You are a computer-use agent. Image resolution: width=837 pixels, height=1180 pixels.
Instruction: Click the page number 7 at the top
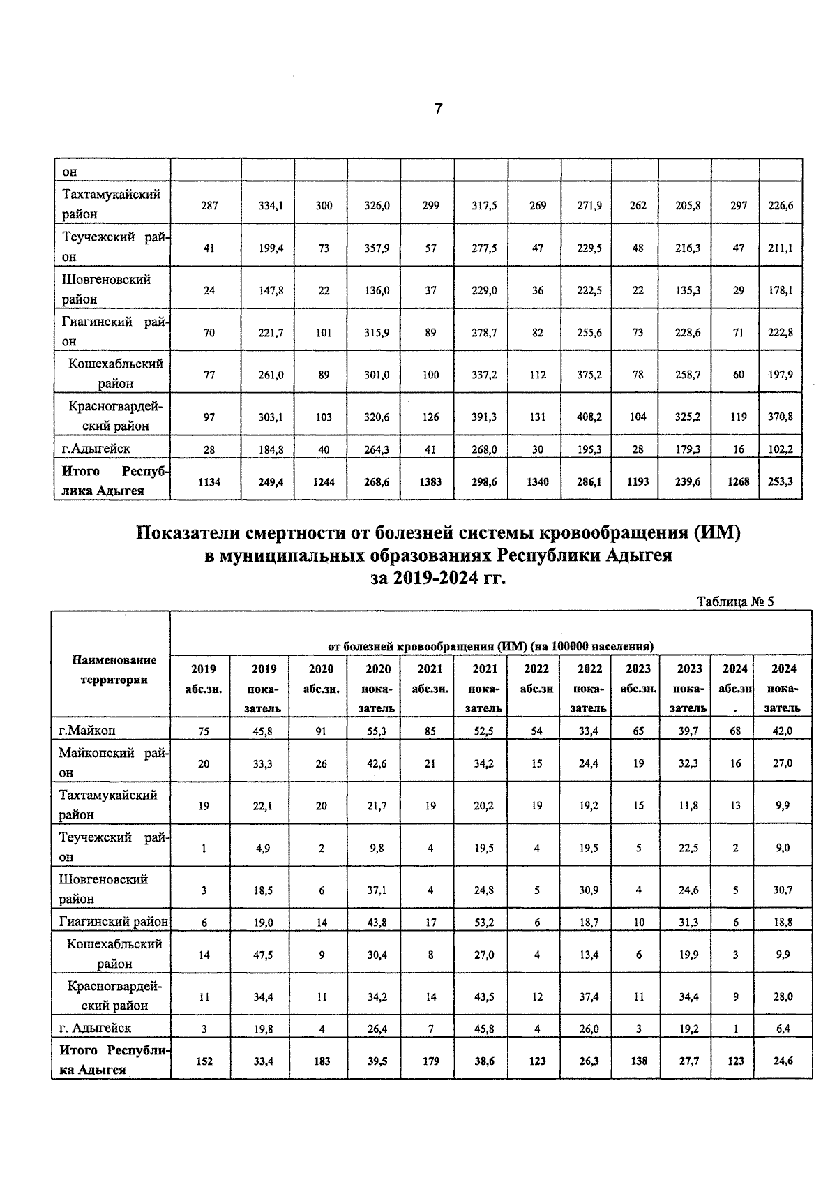(x=438, y=109)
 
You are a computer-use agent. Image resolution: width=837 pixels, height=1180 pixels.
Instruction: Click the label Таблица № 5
(x=735, y=602)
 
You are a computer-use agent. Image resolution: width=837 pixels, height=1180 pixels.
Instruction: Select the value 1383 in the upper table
(x=430, y=481)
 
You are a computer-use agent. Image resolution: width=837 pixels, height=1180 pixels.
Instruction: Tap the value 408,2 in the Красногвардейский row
(x=589, y=417)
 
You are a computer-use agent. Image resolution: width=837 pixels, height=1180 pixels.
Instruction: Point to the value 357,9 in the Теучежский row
(x=377, y=248)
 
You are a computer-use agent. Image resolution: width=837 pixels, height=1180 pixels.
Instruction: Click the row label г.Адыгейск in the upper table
(x=95, y=449)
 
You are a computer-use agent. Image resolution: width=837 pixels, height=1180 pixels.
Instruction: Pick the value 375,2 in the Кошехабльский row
(x=589, y=375)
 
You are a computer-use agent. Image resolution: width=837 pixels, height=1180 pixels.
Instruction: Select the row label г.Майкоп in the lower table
(x=87, y=731)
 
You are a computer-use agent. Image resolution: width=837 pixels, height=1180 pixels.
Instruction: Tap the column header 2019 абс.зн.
(x=203, y=678)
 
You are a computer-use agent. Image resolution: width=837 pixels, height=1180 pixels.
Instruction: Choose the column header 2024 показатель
(x=783, y=687)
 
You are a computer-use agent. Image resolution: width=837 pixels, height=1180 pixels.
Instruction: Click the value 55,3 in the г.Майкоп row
(x=377, y=732)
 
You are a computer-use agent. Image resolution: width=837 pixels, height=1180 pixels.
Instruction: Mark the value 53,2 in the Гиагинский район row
(x=484, y=923)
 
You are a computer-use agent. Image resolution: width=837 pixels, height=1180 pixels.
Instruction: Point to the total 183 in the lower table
(x=321, y=1061)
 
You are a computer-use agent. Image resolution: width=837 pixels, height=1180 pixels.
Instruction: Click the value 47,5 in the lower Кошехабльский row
(x=263, y=955)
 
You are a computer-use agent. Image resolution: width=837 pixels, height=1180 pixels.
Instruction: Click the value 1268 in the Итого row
(x=738, y=481)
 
